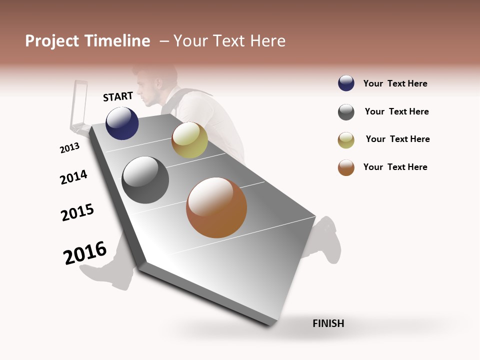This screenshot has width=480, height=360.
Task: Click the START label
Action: [118, 96]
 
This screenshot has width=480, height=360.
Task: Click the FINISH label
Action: [328, 323]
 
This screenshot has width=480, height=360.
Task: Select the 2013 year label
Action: [69, 148]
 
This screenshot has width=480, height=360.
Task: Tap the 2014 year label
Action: [73, 177]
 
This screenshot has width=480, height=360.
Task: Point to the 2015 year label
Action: [77, 212]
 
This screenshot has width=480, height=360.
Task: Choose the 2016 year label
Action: [85, 252]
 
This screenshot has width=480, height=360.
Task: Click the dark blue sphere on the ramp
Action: [122, 123]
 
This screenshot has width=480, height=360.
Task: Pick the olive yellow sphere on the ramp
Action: [189, 140]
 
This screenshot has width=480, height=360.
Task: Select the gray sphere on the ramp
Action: [145, 180]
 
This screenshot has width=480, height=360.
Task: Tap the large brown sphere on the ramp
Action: [216, 207]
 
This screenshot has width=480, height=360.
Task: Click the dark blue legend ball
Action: [346, 83]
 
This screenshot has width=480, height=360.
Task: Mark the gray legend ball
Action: [346, 112]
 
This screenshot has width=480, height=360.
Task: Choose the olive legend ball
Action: [346, 140]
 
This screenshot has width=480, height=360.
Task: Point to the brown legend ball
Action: [346, 167]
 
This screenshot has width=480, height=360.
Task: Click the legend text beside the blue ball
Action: [395, 83]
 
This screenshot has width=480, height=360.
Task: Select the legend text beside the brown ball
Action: [395, 167]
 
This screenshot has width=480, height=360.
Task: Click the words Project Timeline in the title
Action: [87, 41]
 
